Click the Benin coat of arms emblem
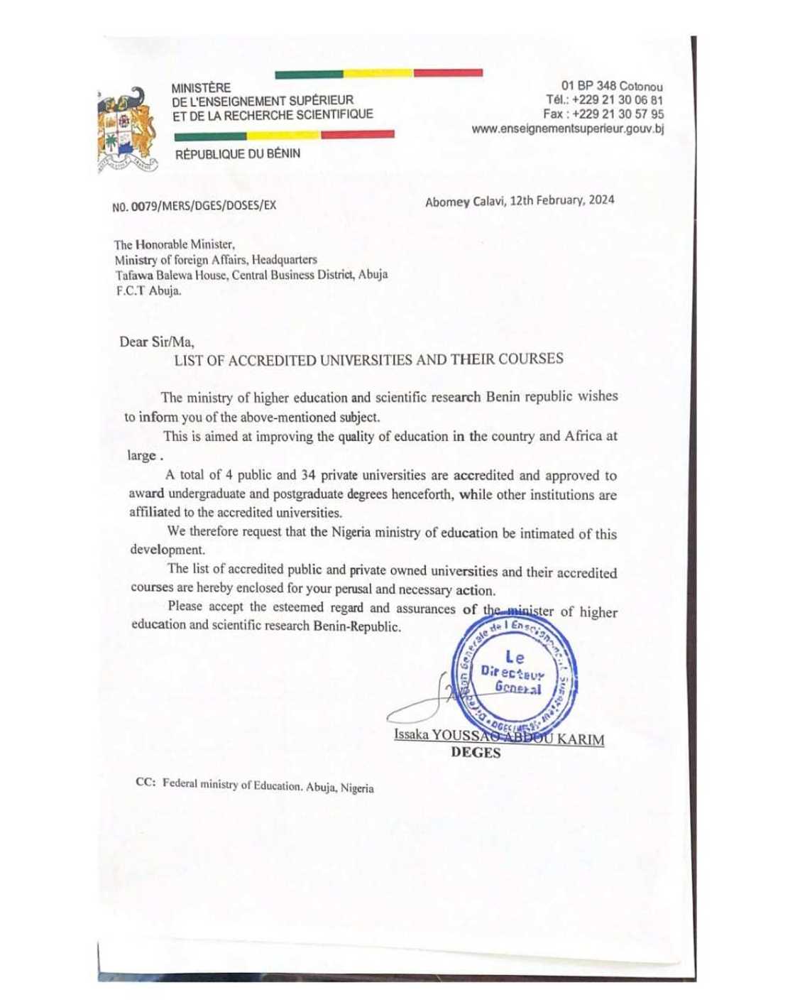tap(128, 130)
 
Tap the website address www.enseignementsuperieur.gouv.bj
tap(567, 129)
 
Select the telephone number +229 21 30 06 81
tap(617, 100)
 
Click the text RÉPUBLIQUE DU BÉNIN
tap(237, 154)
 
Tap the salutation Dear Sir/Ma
tap(156, 342)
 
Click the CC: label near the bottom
tap(146, 782)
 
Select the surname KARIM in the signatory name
tap(580, 739)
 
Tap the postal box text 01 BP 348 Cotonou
tap(612, 87)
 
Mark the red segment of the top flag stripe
tap(448, 72)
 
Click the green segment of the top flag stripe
tap(309, 74)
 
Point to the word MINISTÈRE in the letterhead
tap(201, 88)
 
